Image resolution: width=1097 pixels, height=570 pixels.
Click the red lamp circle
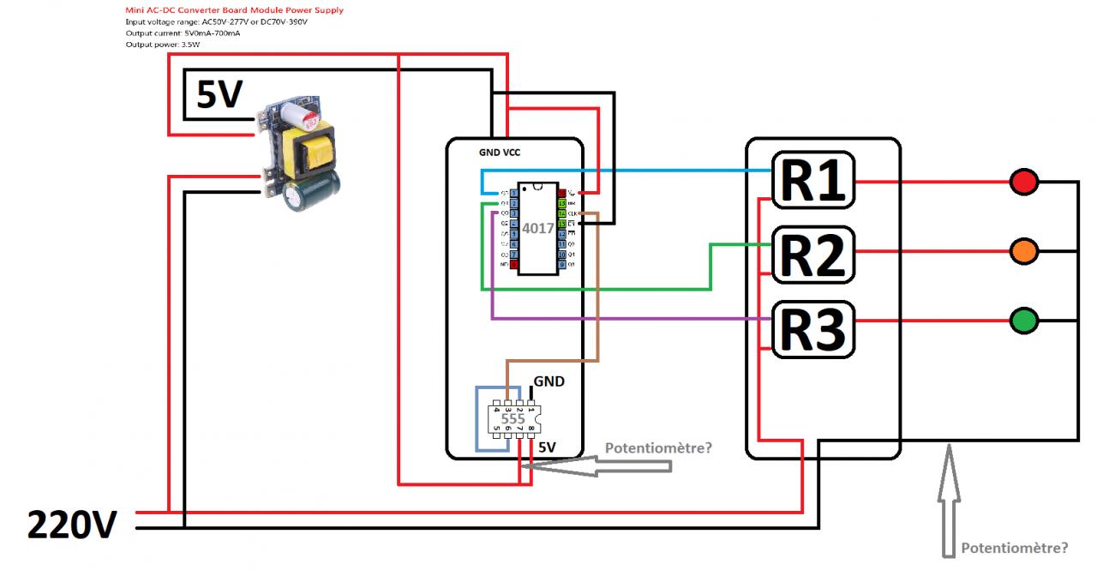[x=1024, y=182]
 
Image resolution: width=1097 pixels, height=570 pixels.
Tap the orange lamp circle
[x=1024, y=251]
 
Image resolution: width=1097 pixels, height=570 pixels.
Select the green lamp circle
[x=1024, y=321]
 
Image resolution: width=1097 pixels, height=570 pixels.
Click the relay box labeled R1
[x=814, y=181]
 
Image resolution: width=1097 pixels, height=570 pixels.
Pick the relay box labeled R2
[x=814, y=255]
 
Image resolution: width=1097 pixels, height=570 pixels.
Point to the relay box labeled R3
[x=814, y=329]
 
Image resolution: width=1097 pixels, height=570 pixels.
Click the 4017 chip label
[x=538, y=229]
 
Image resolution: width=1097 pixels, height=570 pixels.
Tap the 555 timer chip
[x=513, y=419]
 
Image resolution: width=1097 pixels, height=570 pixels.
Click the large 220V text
[x=71, y=525]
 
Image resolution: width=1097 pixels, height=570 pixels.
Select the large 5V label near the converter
[x=220, y=95]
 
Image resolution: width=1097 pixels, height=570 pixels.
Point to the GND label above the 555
[x=549, y=381]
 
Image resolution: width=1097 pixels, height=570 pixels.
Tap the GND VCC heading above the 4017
[x=499, y=152]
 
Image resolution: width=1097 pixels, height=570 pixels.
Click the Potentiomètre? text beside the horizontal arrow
[x=658, y=447]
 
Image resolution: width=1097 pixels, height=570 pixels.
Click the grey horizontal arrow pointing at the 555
[x=600, y=465]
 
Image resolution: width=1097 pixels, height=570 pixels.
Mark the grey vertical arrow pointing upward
[x=948, y=497]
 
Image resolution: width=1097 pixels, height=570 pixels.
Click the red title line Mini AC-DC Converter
[x=234, y=9]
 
